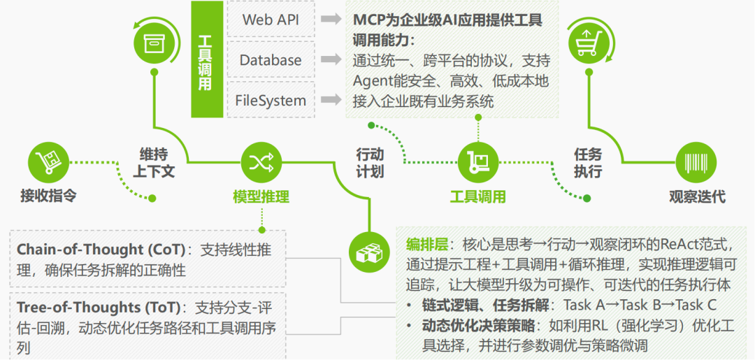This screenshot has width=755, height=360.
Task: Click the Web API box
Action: point(271,19)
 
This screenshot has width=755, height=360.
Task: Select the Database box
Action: point(271,60)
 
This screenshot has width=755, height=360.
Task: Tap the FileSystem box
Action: point(271,100)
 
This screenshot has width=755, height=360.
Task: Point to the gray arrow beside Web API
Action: point(331,19)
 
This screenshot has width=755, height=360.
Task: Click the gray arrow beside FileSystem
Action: point(331,100)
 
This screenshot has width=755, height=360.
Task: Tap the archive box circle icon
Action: point(152,42)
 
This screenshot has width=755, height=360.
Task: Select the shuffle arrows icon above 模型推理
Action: point(261,163)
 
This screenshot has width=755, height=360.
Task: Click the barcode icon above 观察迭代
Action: point(696,163)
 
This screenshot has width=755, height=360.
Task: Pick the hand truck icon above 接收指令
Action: point(48,163)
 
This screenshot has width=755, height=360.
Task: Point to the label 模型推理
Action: point(261,196)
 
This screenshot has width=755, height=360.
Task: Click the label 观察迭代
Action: point(696,196)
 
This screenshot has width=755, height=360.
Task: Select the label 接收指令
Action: point(48,196)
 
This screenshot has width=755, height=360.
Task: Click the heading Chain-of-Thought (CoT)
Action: point(101,250)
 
